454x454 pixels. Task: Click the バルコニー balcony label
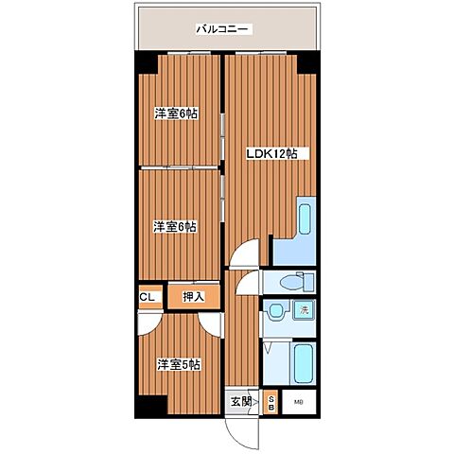click(222, 29)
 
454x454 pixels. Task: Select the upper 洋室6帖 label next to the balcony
click(176, 114)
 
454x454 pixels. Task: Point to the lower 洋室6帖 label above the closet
click(176, 226)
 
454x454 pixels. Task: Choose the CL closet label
click(147, 297)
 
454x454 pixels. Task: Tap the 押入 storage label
click(194, 297)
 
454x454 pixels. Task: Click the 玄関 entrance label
click(241, 401)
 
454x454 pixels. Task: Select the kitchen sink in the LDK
click(306, 220)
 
